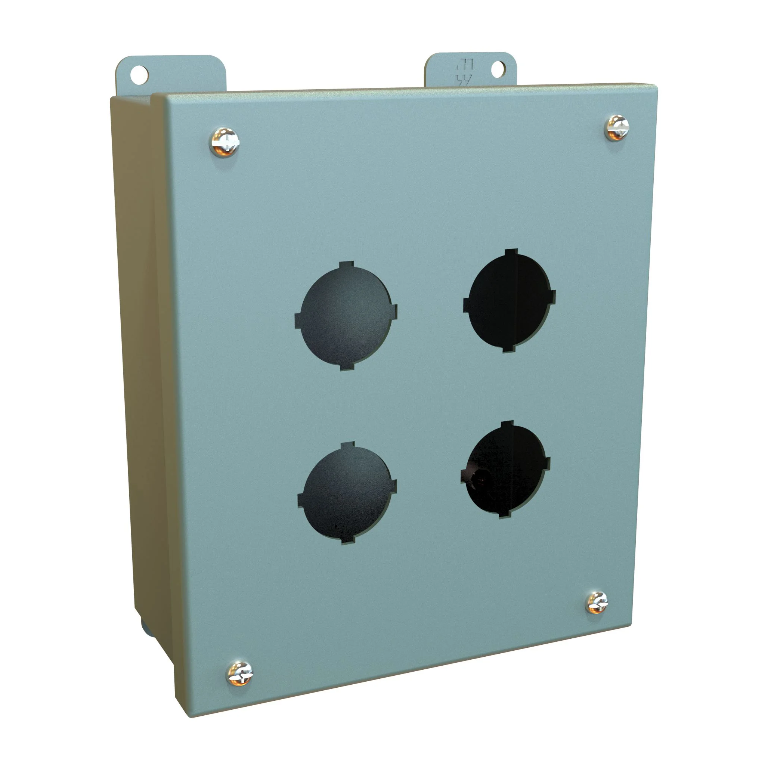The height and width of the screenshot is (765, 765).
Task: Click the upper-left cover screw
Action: point(224,142)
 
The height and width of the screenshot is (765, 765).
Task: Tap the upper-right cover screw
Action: point(616,128)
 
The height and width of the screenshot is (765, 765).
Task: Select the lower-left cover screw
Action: point(239,673)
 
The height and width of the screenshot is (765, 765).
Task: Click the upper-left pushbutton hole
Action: point(346,316)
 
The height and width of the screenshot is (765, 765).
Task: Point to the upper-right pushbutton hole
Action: point(509,301)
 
